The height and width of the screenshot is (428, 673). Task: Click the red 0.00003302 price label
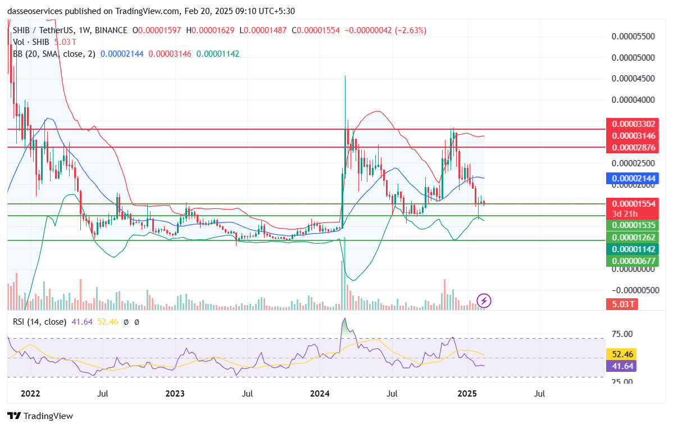[633, 124]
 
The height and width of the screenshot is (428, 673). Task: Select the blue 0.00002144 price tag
[633, 178]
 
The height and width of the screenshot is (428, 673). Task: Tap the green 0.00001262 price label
[633, 236]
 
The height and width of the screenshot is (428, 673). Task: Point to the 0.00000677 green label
[633, 261]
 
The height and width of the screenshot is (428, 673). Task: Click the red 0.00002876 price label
[633, 148]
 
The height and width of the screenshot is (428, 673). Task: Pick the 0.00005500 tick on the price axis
[633, 37]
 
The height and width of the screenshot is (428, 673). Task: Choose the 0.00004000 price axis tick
[633, 100]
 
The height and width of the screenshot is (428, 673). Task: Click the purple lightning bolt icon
[484, 300]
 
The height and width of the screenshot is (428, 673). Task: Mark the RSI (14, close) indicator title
[38, 322]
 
